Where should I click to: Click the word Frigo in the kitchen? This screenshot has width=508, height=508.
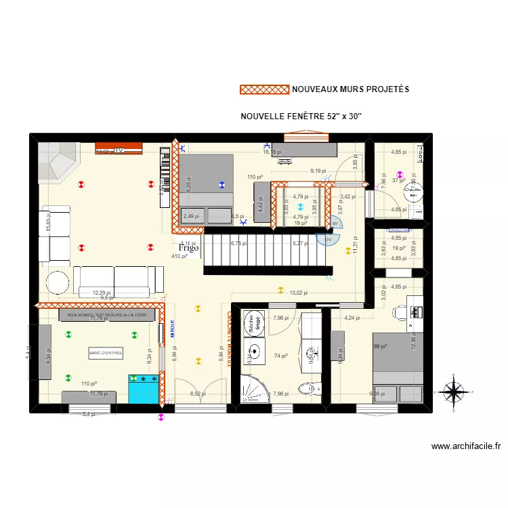click(x=190, y=248)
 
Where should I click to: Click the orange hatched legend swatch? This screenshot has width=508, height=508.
click(x=265, y=89)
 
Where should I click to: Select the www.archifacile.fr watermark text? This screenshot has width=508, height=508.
click(x=465, y=446)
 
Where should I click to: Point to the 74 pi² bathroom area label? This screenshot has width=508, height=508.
click(x=280, y=356)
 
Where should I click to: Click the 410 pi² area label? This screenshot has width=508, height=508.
click(x=179, y=256)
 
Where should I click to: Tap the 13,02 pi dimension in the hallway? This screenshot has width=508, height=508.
click(x=299, y=293)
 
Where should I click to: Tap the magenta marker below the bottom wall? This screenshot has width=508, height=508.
click(x=161, y=418)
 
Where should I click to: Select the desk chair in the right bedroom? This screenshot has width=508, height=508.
click(x=400, y=312)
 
